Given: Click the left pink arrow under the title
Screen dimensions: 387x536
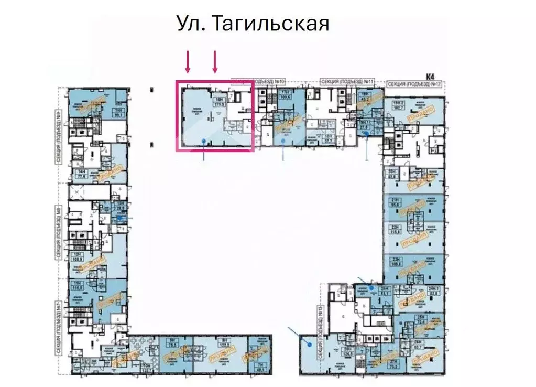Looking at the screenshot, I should point(188,62).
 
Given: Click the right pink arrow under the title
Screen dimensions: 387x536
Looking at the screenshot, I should point(214,62).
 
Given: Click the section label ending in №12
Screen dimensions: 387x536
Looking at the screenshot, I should point(414,84).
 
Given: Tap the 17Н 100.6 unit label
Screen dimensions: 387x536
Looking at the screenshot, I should point(286,95).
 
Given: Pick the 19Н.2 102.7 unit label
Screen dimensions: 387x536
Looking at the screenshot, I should point(400,105).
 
